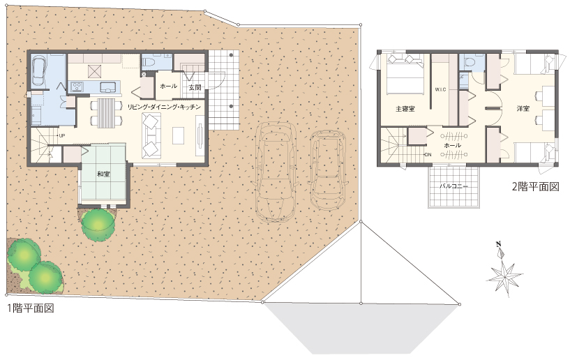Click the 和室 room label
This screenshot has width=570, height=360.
click(103, 174)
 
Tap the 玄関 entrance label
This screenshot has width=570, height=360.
click(195, 88)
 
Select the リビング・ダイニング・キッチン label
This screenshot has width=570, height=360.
click(163, 107)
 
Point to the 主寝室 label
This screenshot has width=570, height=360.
click(405, 109)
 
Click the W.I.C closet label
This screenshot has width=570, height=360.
click(440, 89)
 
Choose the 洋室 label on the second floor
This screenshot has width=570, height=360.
click(523, 108)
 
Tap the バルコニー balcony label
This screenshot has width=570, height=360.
click(453, 186)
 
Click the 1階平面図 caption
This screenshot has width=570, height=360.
click(31, 308)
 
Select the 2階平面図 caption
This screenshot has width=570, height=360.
click(536, 186)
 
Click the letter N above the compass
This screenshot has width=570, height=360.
click(499, 244)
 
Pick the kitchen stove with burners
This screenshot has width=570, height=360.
click(77, 87)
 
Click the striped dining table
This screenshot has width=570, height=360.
click(106, 112)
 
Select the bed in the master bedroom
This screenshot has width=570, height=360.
click(405, 74)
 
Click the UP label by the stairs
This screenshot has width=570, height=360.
click(62, 135)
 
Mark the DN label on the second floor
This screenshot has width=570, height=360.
click(428, 155)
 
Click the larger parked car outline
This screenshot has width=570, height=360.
click(276, 171)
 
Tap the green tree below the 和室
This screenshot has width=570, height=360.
click(98, 224)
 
